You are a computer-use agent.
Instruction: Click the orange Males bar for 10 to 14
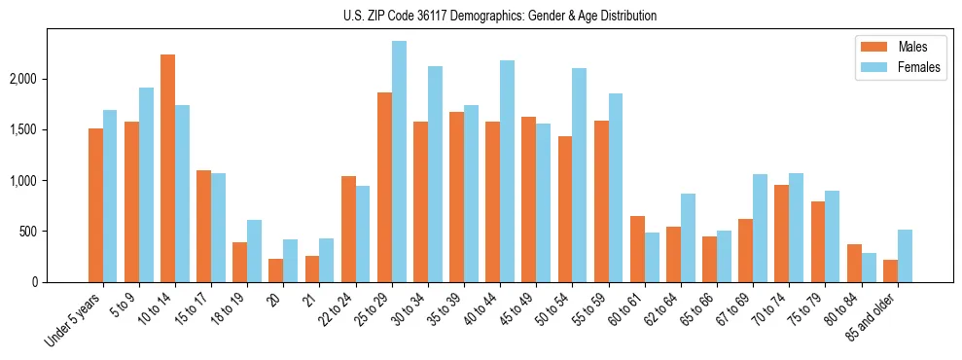(167, 168)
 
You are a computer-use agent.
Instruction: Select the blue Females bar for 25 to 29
(399, 162)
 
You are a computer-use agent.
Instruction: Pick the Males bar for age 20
(276, 270)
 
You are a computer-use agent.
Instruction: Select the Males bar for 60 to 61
(637, 249)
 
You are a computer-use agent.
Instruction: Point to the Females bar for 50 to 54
(580, 175)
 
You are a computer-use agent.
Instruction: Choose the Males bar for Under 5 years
(95, 205)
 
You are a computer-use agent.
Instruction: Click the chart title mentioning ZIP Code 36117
(500, 16)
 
